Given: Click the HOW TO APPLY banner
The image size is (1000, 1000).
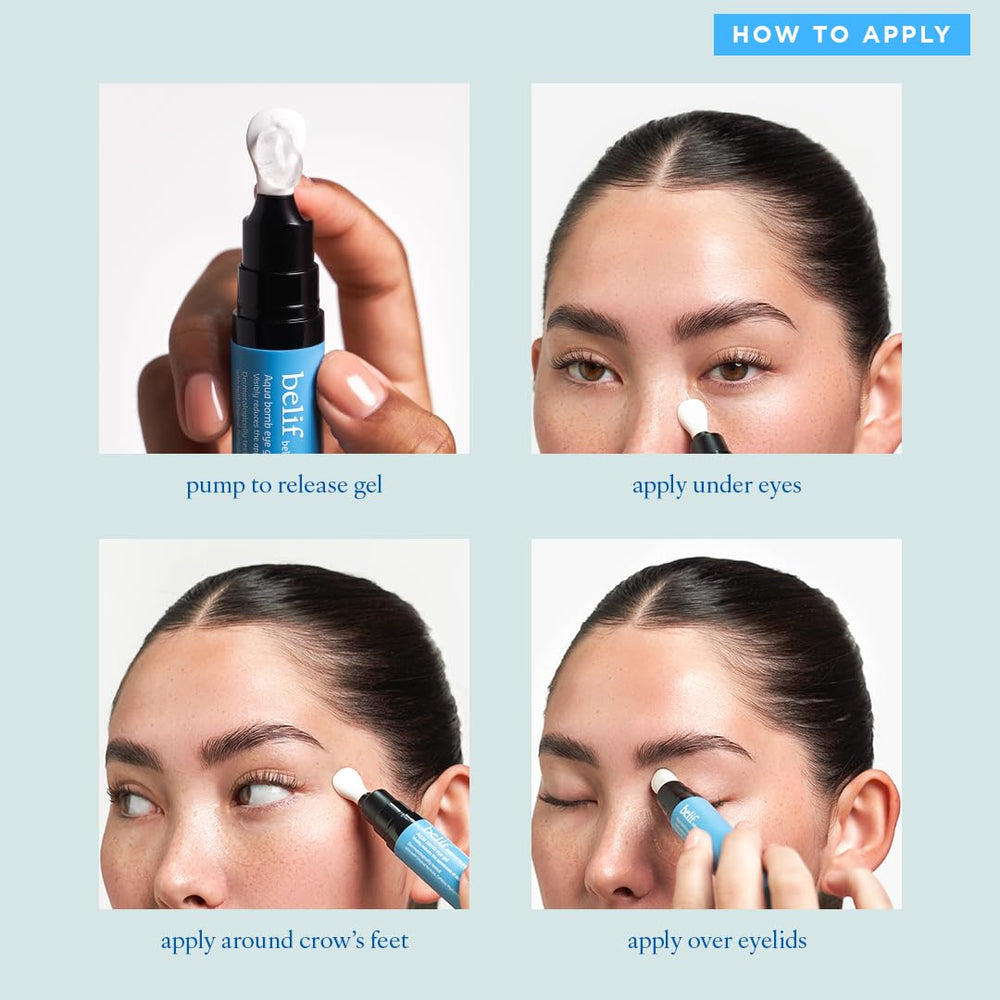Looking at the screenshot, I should point(841,35).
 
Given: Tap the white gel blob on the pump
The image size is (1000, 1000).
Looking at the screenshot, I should point(275,150).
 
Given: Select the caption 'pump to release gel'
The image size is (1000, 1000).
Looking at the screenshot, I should point(284,487).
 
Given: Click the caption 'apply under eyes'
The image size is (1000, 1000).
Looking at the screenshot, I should point(716,487).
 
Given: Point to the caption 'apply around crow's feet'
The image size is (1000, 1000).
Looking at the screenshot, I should point(284,941).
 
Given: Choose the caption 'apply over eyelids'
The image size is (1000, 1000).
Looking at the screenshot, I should point(716,941).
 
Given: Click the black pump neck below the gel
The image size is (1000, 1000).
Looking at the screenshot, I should point(277,260).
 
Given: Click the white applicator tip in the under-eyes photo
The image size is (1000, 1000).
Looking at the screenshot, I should point(692,416).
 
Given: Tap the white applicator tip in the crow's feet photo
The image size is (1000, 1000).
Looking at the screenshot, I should point(349,785).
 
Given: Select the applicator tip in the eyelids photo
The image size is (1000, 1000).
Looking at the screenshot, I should point(664,780).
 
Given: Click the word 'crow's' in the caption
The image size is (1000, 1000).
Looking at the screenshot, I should point(331,941).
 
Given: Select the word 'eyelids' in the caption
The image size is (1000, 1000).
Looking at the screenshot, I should point(771,941).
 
